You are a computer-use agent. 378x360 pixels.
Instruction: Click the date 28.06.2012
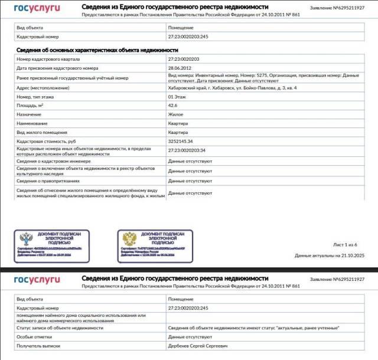(179, 68)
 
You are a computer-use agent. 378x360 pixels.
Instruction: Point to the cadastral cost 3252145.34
(180, 142)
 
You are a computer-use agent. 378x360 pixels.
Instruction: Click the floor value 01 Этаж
(179, 96)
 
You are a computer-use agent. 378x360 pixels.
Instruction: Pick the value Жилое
(176, 114)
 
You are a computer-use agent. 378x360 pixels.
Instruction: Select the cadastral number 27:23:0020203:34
(187, 150)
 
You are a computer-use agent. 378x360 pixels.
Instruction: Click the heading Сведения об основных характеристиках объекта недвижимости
(89, 50)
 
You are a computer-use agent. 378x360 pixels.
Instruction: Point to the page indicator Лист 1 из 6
(346, 244)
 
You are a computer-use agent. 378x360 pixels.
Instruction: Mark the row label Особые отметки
(34, 336)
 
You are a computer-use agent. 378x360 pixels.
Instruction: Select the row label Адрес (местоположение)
(43, 87)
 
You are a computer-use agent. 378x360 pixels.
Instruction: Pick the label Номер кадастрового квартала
(48, 59)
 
